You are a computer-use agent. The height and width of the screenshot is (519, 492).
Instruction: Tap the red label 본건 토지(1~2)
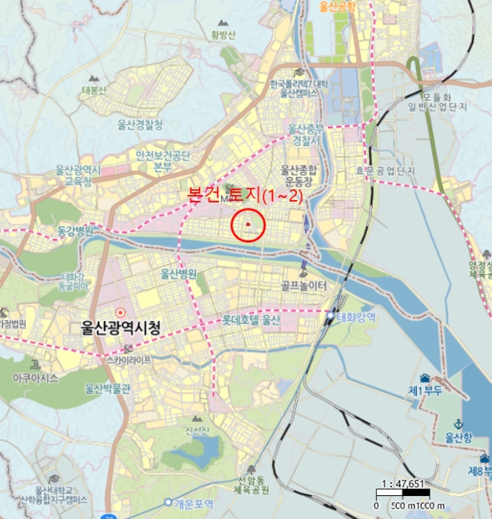pyautogui.click(x=245, y=196)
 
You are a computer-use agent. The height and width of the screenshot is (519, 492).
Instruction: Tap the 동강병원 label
pyautogui.click(x=76, y=231)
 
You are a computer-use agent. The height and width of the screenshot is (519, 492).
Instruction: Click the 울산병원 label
pyautogui.click(x=179, y=274)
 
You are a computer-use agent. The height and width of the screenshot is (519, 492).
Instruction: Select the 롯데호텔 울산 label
pyautogui.click(x=251, y=321)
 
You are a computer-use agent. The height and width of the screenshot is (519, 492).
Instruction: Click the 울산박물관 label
pyautogui.click(x=108, y=388)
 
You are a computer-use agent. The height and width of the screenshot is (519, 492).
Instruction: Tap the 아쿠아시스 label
pyautogui.click(x=35, y=377)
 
